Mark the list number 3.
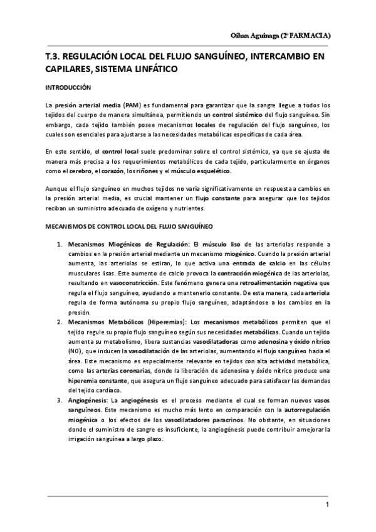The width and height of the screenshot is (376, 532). tap(60, 400)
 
